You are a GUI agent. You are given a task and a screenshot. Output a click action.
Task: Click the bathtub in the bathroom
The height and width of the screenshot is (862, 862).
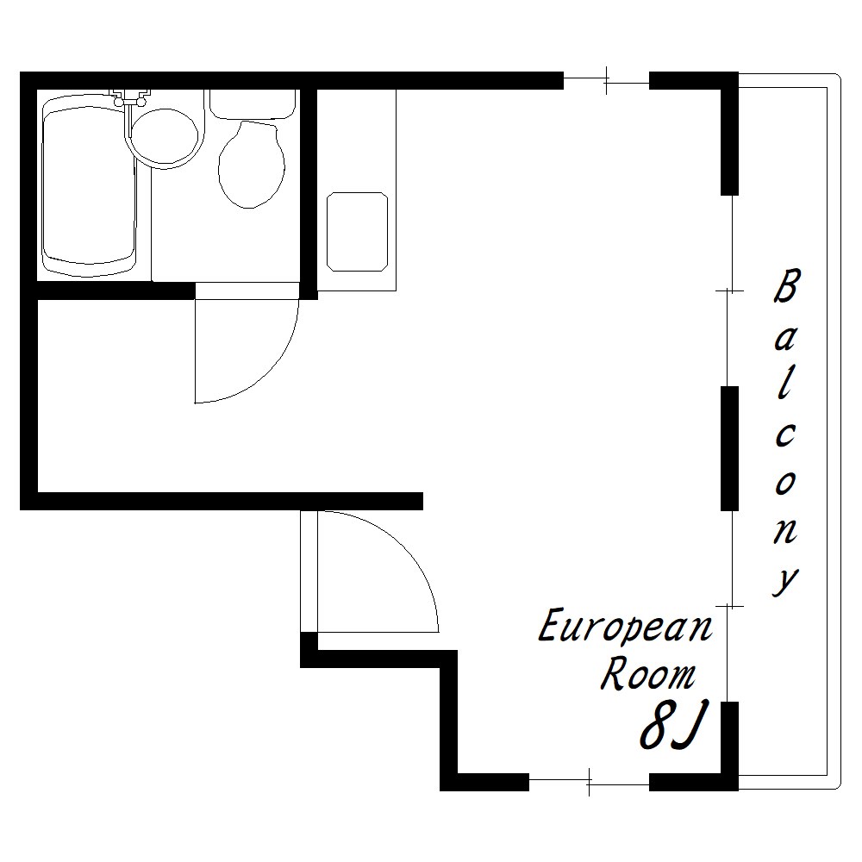[x=89, y=184]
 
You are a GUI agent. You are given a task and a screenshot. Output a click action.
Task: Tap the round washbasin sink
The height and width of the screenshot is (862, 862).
[x=165, y=136]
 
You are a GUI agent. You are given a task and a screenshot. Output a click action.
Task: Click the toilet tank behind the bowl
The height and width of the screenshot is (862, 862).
[x=253, y=104]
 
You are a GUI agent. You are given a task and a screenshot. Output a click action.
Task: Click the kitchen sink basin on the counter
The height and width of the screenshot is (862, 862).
[x=357, y=231]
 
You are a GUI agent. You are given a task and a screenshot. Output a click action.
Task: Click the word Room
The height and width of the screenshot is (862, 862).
[x=647, y=673]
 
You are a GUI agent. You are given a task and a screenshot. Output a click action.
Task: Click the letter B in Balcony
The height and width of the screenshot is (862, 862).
[x=786, y=285]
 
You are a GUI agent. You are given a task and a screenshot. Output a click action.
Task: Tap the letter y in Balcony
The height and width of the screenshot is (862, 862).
[x=785, y=580]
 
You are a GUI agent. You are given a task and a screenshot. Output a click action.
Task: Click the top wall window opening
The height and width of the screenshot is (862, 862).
[x=606, y=81]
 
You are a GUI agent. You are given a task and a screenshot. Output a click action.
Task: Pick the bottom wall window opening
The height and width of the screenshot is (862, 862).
[x=589, y=782]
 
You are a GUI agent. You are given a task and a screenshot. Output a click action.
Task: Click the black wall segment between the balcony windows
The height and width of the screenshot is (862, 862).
[x=729, y=448]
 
